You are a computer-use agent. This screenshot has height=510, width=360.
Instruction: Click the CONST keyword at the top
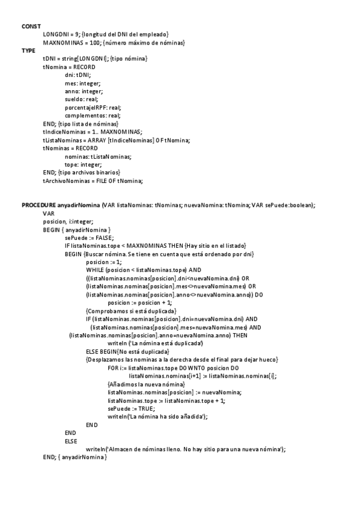31,26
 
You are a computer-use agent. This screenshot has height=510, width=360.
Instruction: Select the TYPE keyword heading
29,51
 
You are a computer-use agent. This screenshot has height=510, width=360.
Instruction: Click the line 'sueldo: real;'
81,99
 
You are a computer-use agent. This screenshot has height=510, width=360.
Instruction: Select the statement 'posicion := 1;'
104,262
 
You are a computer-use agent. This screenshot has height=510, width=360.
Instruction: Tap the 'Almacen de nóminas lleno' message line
186,449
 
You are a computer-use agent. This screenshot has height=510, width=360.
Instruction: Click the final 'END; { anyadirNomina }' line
75,458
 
